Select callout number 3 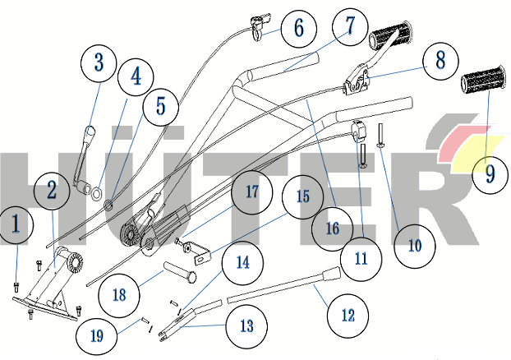[x=99, y=62]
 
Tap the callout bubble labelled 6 [x=297, y=29]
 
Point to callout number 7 [x=351, y=25]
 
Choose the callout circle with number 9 [x=490, y=173]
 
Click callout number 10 [x=413, y=245]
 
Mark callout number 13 [x=247, y=325]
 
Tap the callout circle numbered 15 [x=303, y=198]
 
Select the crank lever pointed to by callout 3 [x=82, y=160]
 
